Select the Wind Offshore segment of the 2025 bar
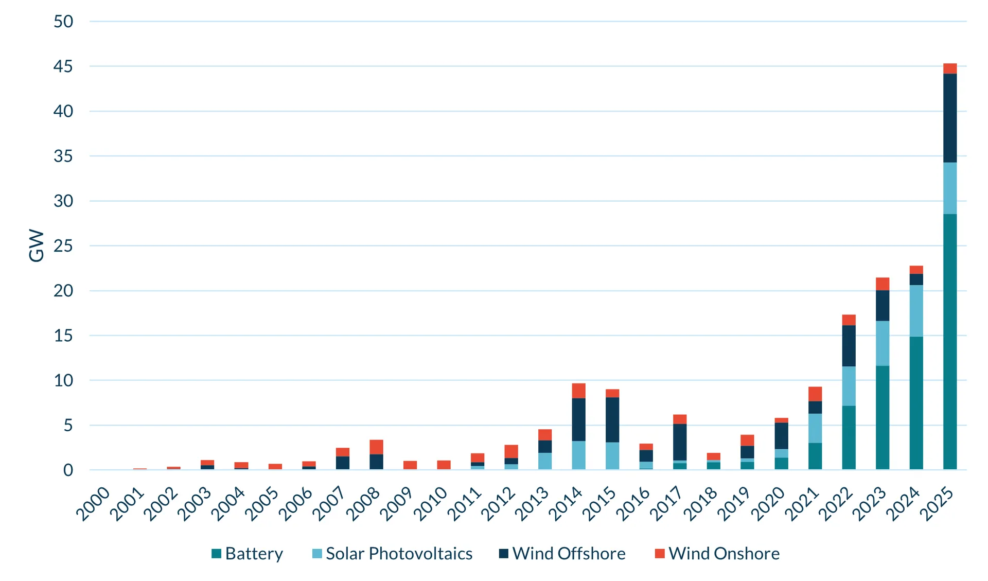click(949, 118)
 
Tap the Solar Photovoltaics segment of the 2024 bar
click(916, 311)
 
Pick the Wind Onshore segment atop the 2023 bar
click(882, 284)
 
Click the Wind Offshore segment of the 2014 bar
click(578, 419)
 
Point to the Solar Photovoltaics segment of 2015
click(612, 455)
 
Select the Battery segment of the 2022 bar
click(849, 437)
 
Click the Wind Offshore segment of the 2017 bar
click(680, 442)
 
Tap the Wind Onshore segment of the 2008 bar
click(376, 447)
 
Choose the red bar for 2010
click(444, 465)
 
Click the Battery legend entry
click(248, 554)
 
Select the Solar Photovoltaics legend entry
click(393, 554)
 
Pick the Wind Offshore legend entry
click(562, 554)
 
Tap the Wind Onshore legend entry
click(717, 554)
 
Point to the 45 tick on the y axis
click(63, 66)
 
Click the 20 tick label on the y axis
click(63, 291)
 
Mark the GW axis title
click(37, 245)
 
